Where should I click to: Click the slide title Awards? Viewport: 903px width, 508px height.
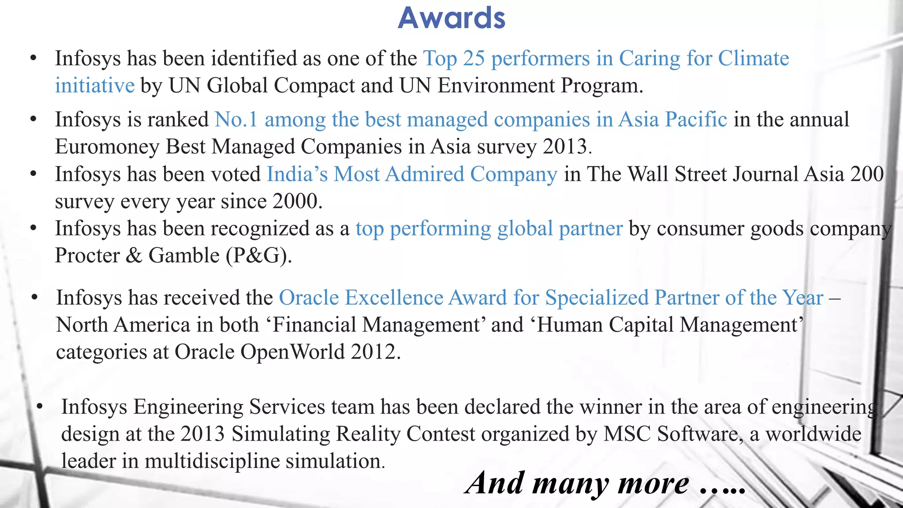(x=451, y=19)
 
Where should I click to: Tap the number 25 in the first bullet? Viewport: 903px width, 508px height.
(x=474, y=59)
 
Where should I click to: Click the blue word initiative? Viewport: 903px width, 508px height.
(x=94, y=86)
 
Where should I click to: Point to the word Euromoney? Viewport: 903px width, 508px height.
(x=107, y=147)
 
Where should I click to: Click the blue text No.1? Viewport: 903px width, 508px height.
(x=236, y=120)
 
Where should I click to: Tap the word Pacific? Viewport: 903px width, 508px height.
(x=696, y=120)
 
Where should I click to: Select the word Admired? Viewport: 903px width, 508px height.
(x=424, y=174)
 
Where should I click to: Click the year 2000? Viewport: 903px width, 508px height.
(x=295, y=202)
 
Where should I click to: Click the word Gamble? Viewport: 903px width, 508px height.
(x=184, y=256)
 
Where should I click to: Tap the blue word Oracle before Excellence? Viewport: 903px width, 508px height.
(x=309, y=298)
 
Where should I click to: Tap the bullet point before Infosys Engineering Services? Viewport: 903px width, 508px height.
(x=40, y=407)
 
